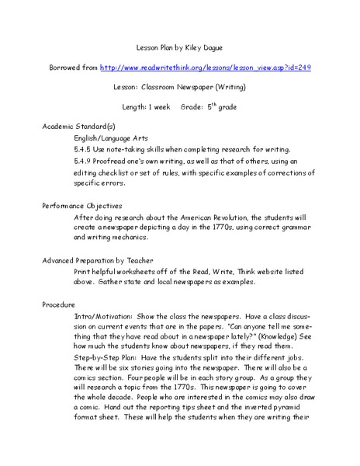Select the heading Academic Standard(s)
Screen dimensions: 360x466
click(78, 125)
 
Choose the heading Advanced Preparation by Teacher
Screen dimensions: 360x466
click(97, 260)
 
